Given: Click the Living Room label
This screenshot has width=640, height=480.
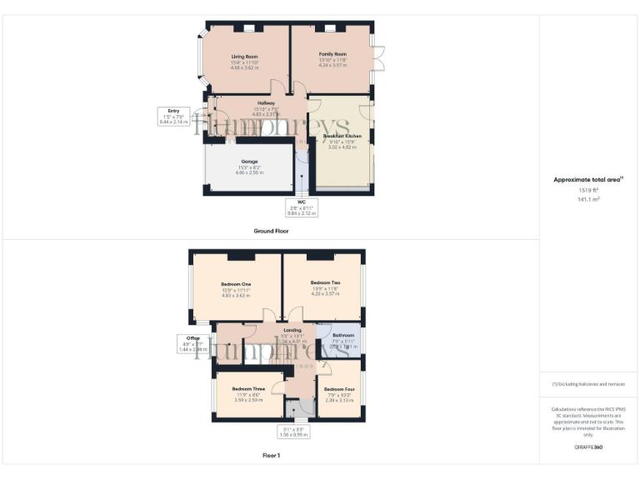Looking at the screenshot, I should (x=245, y=57).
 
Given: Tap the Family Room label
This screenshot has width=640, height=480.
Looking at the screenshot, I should (x=332, y=54).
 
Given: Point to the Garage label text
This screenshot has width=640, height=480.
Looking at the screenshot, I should (x=249, y=162).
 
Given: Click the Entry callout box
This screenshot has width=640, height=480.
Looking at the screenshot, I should (x=173, y=116).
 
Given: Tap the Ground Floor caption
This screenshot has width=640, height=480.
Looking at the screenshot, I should (x=272, y=231).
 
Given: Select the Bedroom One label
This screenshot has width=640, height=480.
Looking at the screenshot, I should (x=236, y=282).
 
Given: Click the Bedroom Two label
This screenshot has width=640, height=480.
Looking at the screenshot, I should (x=325, y=282).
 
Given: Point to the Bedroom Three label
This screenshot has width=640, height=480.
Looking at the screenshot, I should (x=248, y=389).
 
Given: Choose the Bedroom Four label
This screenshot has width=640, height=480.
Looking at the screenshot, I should (x=339, y=389).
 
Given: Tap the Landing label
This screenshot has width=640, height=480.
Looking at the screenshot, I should (x=292, y=330).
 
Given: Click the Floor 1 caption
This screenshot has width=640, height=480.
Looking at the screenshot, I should (x=272, y=456).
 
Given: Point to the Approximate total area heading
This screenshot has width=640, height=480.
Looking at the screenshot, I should (x=587, y=179).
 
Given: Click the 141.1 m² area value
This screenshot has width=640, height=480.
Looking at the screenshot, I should (x=588, y=199).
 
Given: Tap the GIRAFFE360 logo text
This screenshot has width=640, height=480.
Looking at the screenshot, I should (x=588, y=447).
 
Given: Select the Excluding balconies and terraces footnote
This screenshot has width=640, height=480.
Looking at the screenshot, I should (x=588, y=384).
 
